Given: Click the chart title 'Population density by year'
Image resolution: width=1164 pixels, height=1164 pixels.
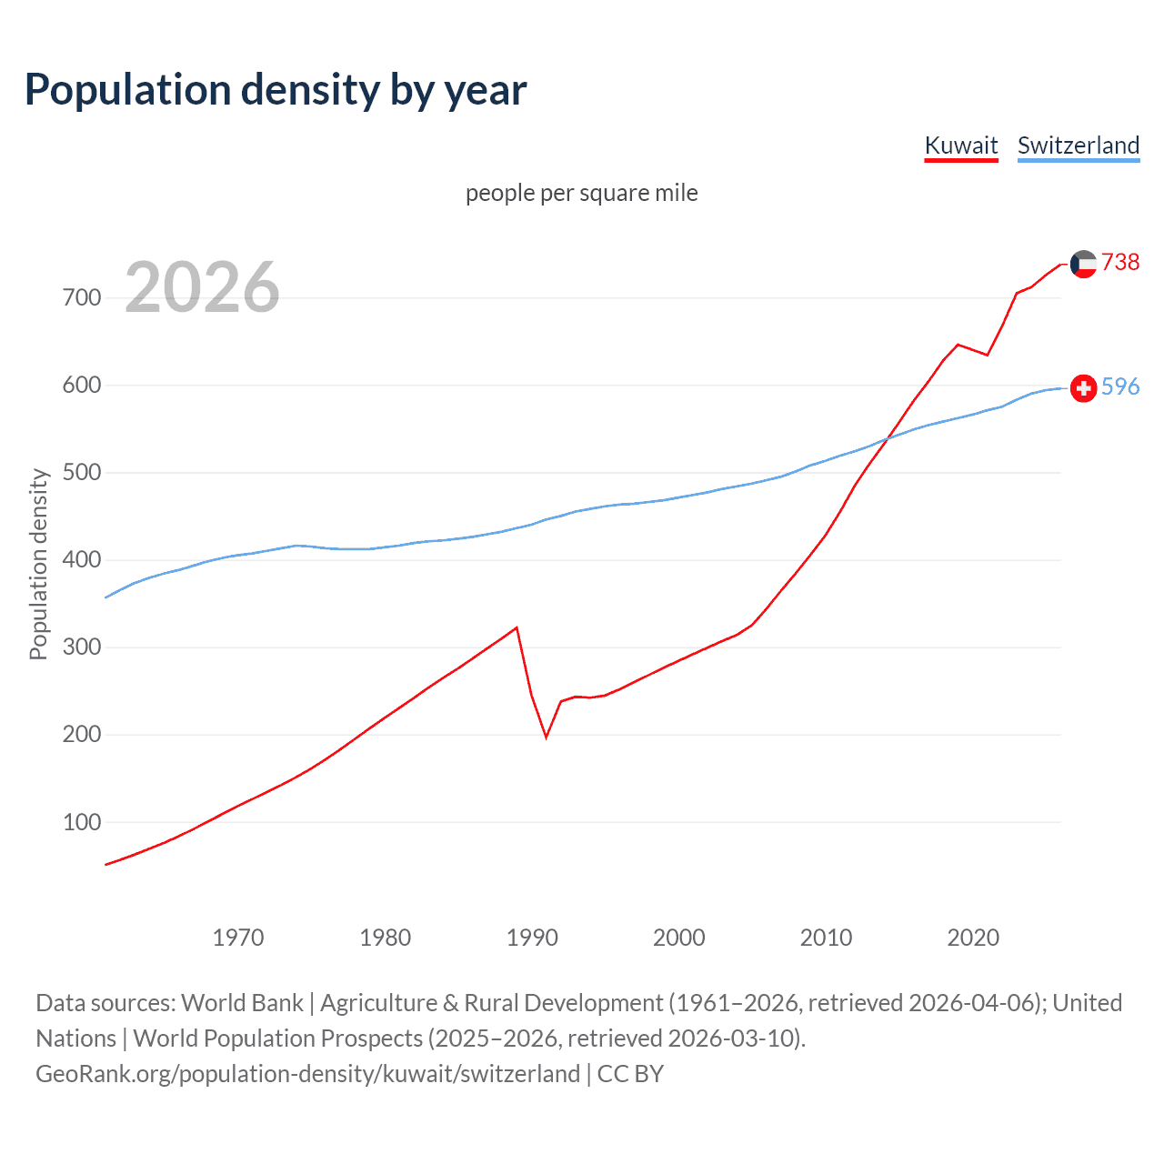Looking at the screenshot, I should [276, 90].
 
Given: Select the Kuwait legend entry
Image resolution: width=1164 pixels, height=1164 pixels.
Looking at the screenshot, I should [961, 145].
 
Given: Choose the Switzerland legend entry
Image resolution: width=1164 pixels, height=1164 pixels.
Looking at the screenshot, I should [1078, 145].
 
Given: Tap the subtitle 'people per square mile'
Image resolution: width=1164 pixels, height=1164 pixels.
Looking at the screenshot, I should [581, 193].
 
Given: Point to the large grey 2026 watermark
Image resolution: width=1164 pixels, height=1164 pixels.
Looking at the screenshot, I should [202, 287].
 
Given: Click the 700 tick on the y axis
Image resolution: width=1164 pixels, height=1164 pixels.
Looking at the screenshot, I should [82, 297].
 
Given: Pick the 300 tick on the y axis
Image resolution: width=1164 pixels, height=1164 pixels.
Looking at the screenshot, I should [82, 647].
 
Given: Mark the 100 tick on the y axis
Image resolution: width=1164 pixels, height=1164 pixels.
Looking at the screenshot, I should [82, 822].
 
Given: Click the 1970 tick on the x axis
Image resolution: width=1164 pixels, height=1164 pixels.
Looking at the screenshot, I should [238, 938].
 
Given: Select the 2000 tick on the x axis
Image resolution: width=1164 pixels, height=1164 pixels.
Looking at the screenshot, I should [679, 938].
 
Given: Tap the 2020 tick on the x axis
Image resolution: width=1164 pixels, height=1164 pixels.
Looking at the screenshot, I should [973, 938].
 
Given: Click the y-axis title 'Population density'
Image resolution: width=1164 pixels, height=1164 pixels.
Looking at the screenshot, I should [38, 564].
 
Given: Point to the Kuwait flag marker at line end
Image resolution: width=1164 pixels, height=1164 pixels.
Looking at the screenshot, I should [1083, 264].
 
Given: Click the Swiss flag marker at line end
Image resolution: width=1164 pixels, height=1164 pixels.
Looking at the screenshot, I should [1083, 388].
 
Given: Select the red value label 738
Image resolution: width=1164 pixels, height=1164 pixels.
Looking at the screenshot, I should [1120, 262].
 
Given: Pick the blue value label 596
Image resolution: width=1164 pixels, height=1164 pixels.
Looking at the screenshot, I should [1120, 386].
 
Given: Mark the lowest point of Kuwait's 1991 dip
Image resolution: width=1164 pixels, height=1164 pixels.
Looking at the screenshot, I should [546, 737].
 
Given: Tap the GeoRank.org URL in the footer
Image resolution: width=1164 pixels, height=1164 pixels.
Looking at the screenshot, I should [307, 1074].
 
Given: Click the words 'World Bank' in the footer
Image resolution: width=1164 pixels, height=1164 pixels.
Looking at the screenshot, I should [242, 1003].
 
